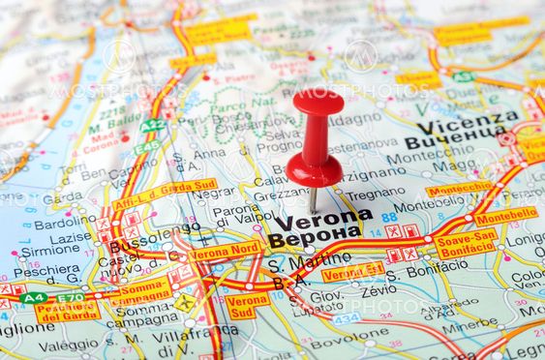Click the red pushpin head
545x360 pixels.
tap(318, 102)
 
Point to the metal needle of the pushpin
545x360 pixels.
tap(313, 199)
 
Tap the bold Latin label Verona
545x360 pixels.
tap(322, 219)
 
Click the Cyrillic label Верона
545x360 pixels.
tap(315, 237)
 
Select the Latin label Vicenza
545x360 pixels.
tap(467, 123)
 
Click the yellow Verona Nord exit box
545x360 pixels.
tap(226, 252)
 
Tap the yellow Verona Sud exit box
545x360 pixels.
tap(248, 306)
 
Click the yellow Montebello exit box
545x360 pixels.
tap(505, 217)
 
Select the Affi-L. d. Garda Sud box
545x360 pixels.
tap(165, 195)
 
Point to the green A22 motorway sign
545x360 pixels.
tap(152, 126)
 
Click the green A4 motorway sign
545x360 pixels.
tap(35, 297)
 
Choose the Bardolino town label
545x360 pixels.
tap(64, 222)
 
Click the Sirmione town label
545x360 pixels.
tap(49, 249)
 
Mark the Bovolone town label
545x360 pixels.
tap(349, 342)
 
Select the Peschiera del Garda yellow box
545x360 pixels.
tap(68, 311)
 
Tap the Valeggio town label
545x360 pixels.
tap(68, 344)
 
